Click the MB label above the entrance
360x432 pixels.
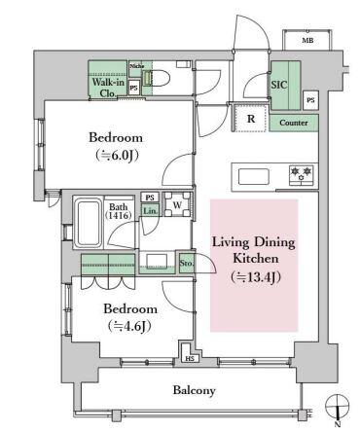tap(307, 41)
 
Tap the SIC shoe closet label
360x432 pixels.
tap(279, 85)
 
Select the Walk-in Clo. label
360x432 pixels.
tap(108, 88)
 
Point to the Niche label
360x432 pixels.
tap(136, 66)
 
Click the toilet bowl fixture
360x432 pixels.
tap(159, 79)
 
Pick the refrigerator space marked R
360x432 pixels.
tap(251, 119)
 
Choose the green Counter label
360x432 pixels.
tap(294, 123)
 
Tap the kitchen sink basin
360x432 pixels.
tap(254, 177)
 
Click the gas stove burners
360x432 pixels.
tap(302, 175)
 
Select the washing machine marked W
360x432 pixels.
tap(177, 204)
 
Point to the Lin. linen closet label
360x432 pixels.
tap(150, 211)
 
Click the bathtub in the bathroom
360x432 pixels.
tap(88, 223)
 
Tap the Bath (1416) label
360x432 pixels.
tap(118, 211)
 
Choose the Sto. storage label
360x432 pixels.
tap(186, 263)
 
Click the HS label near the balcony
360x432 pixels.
tap(190, 359)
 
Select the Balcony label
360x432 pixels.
tap(194, 390)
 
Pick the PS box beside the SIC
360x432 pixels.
tap(310, 100)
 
